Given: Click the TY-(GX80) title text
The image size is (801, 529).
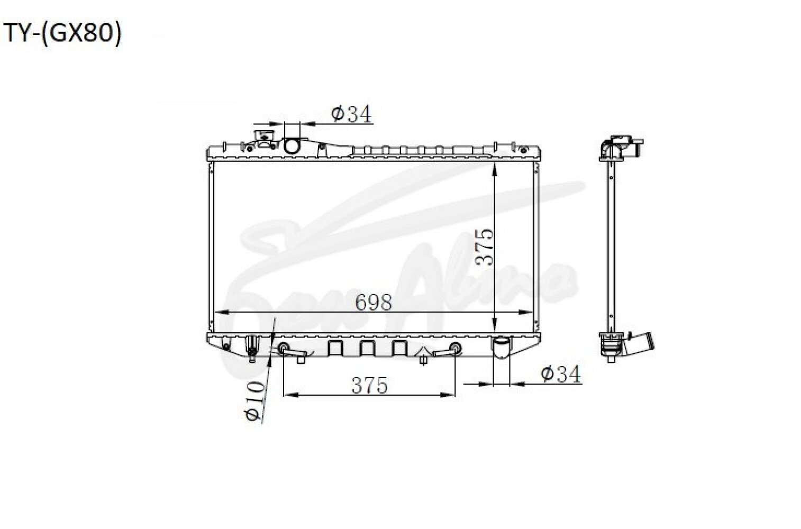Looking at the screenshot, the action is click(x=62, y=34).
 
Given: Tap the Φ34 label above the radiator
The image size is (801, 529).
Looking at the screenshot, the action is click(x=352, y=114).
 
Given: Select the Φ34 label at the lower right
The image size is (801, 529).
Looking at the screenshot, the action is click(x=561, y=374).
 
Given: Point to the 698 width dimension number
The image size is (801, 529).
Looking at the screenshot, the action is click(x=374, y=303).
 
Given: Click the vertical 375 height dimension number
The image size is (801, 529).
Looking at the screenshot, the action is click(x=485, y=247).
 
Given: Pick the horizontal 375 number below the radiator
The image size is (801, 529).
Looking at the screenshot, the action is click(x=369, y=385).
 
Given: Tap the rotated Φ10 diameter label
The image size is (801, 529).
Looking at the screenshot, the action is click(x=254, y=400).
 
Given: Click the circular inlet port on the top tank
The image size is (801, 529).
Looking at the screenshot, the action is click(x=292, y=146).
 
